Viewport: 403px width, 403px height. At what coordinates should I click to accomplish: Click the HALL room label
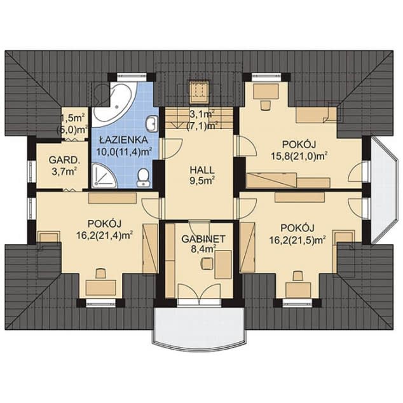click(x=201, y=170)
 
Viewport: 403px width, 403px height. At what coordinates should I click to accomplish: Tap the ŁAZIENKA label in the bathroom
click(x=123, y=140)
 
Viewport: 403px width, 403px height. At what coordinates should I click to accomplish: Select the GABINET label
click(x=203, y=239)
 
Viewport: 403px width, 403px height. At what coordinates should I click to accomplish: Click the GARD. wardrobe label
click(x=64, y=160)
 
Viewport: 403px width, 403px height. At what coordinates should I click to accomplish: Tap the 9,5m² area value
click(x=202, y=181)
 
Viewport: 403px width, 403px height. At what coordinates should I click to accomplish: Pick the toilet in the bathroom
click(x=143, y=177)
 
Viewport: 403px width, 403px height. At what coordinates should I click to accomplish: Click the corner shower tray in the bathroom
click(x=104, y=175)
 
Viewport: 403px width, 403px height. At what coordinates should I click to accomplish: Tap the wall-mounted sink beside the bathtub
click(x=152, y=123)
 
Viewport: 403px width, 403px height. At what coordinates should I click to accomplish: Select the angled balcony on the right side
click(x=384, y=189)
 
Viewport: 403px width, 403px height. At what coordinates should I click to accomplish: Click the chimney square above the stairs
click(x=199, y=92)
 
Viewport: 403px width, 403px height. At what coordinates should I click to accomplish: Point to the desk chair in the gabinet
click(x=207, y=263)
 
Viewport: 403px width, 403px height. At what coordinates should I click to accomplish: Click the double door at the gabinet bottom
click(x=199, y=290)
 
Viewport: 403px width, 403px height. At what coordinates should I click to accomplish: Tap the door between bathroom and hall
click(x=171, y=149)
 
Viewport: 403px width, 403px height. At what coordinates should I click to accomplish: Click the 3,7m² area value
click(x=64, y=172)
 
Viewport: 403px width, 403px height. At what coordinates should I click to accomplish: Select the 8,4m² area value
click(x=203, y=250)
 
